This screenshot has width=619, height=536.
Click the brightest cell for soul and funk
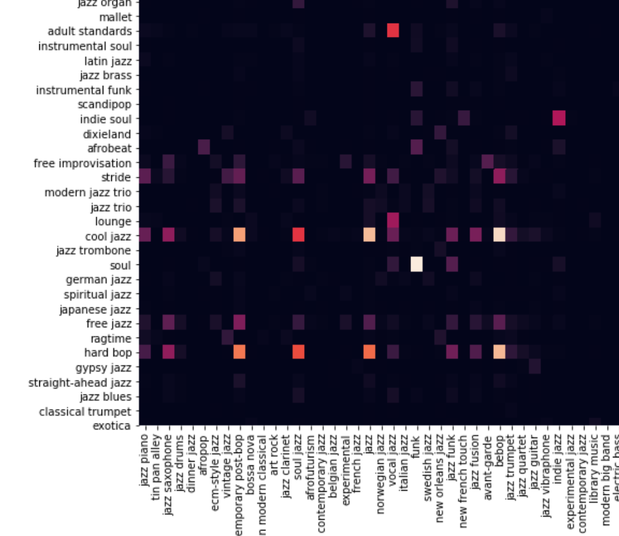tap(416, 265)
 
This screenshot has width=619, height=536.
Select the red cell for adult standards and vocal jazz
tap(393, 31)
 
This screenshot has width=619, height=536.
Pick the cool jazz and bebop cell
tap(499, 235)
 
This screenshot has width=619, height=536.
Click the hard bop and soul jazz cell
tap(298, 352)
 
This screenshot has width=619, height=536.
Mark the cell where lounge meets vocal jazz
tap(393, 221)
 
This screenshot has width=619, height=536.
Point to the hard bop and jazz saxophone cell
tap(169, 352)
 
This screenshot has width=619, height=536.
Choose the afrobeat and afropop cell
tap(204, 148)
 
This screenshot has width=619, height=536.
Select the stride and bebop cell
tap(499, 177)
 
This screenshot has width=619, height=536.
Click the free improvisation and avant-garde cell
tap(487, 162)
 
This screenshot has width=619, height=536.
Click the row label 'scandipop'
tap(106, 104)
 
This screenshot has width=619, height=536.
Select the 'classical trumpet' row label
tap(85, 411)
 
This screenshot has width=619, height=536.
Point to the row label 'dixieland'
tap(106, 134)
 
